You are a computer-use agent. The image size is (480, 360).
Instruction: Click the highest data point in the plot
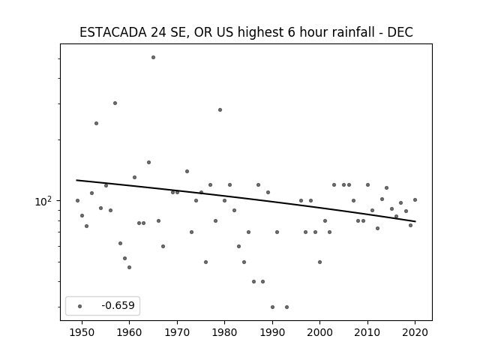pos(153,58)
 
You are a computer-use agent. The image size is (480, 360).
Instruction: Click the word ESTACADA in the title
pos(113,32)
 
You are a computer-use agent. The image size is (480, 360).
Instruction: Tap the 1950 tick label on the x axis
pos(82,332)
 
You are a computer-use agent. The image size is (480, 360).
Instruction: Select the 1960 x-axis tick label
pos(129,332)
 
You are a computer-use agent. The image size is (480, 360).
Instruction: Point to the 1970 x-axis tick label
pos(177,332)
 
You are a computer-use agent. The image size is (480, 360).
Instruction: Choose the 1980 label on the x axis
pos(224,332)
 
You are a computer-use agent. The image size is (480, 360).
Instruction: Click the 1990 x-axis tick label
pos(272,332)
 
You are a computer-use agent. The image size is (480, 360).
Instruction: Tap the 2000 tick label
pos(319,332)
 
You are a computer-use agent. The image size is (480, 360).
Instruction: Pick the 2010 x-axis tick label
pos(367,332)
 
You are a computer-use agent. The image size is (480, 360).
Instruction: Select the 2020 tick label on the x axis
pos(415,332)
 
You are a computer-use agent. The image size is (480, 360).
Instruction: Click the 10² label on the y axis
pos(43,202)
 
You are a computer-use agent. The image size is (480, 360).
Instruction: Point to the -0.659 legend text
pos(118,305)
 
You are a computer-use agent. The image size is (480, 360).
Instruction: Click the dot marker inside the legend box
pos(80,306)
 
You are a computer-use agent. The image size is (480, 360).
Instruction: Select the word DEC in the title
pos(400,32)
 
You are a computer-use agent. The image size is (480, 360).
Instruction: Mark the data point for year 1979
pos(220,110)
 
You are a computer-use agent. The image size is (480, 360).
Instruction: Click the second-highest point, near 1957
pos(115,103)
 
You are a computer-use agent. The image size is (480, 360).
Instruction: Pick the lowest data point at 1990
pos(272,307)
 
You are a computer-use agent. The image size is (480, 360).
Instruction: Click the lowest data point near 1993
pos(286,307)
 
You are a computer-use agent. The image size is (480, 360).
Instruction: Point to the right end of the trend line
pos(415,221)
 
